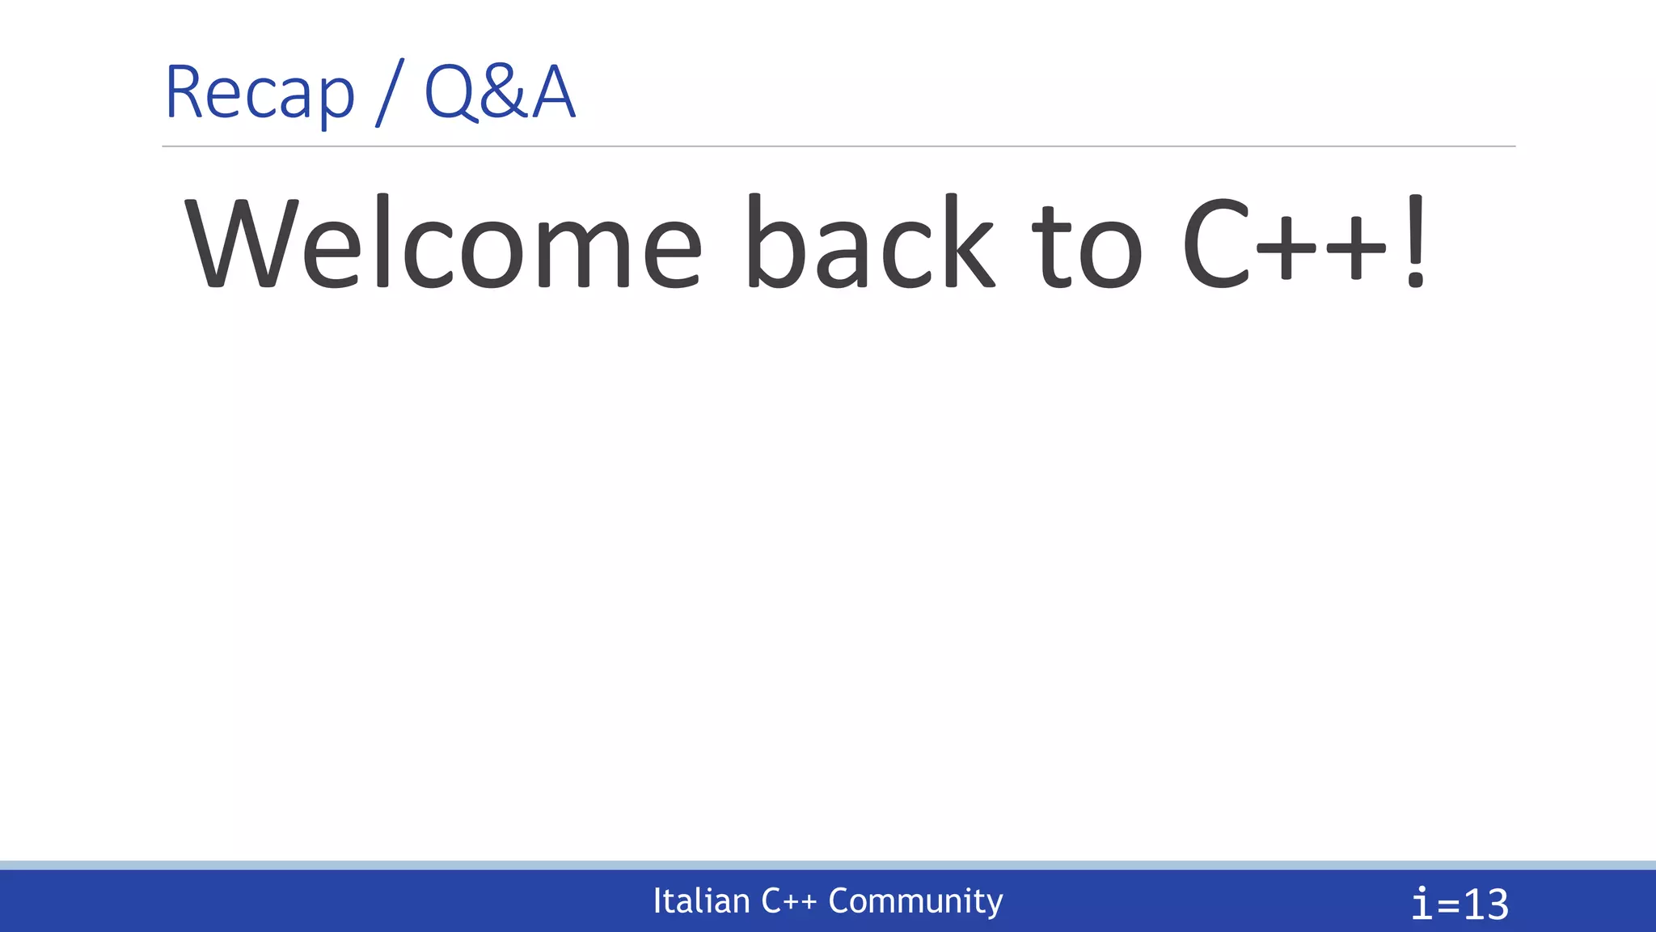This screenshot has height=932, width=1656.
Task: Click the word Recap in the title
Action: point(260,93)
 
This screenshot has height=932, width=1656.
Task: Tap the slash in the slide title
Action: point(389,93)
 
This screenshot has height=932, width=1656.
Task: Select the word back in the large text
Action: point(869,243)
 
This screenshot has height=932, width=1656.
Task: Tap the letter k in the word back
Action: point(968,243)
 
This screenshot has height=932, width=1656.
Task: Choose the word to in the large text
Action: point(1088,247)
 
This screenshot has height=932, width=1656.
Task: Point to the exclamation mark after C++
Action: point(1415,243)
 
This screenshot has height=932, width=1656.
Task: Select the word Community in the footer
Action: point(915,901)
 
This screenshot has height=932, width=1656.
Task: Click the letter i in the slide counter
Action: point(1422,904)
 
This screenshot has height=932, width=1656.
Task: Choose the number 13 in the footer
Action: point(1486,904)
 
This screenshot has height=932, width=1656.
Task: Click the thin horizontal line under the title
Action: point(839,146)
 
